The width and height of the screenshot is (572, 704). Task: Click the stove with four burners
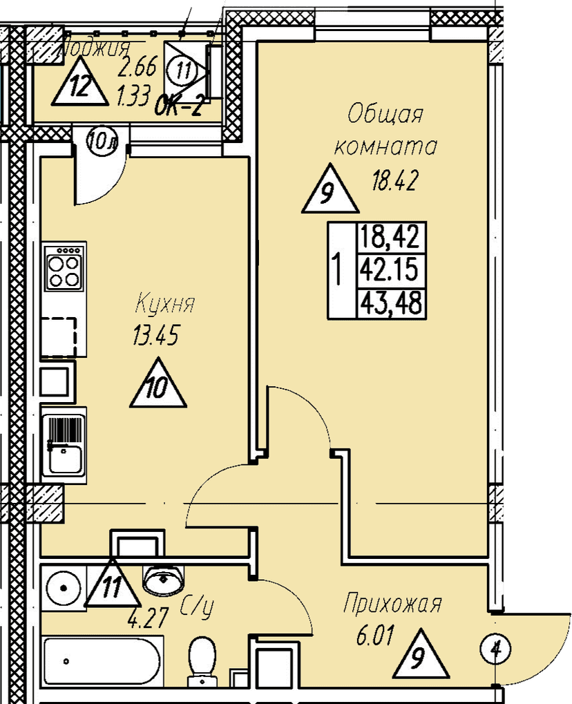[x=64, y=270]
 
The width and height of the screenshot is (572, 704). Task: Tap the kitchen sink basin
[x=64, y=457]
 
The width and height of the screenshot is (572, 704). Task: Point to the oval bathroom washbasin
[x=164, y=578]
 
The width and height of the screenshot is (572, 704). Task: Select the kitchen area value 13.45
[x=155, y=336]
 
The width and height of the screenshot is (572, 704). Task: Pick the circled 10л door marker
[x=102, y=142]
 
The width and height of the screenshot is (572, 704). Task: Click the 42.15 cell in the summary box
[x=390, y=269]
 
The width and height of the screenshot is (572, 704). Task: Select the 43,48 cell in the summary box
[x=390, y=302]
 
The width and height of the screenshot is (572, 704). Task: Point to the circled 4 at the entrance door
[x=495, y=649]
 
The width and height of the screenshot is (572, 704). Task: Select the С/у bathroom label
[x=197, y=607]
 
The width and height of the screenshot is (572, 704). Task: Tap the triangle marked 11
[x=111, y=586]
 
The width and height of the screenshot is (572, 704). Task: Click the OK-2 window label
[x=178, y=107]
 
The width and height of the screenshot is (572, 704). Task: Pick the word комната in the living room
[x=385, y=146]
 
